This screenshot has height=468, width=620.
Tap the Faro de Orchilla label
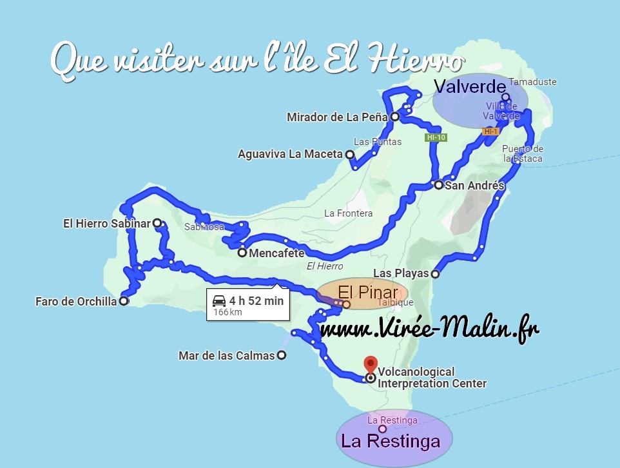point(76,301)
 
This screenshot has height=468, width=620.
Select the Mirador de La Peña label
point(337,117)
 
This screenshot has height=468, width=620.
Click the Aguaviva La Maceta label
point(290,155)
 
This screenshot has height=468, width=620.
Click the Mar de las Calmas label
point(227,355)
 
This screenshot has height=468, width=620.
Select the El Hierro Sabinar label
point(106,224)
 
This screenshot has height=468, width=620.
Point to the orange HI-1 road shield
point(490,132)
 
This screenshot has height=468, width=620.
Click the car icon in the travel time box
point(219,300)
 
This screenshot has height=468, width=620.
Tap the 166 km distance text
point(228,313)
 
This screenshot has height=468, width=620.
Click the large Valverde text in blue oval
point(468,87)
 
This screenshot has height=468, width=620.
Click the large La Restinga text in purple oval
point(391,442)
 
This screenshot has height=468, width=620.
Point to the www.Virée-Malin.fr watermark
point(429,329)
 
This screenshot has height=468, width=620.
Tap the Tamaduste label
point(532,82)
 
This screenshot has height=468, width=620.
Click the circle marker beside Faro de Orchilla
point(124,301)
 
